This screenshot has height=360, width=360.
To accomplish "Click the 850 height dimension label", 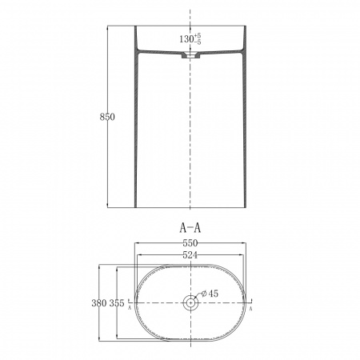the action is (x=107, y=117).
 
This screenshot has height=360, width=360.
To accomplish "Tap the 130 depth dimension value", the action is (x=186, y=39).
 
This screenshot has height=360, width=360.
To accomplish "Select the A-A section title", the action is (x=190, y=228).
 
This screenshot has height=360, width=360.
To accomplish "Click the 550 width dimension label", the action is (x=190, y=243).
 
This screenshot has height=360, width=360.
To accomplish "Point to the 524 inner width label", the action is (x=190, y=255).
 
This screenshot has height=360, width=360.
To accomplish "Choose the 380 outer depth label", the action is (x=99, y=303).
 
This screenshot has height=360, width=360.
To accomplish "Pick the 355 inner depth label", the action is (x=117, y=303).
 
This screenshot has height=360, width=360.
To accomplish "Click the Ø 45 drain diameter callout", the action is (x=210, y=294).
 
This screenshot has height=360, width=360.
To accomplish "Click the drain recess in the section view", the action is (x=190, y=55).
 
